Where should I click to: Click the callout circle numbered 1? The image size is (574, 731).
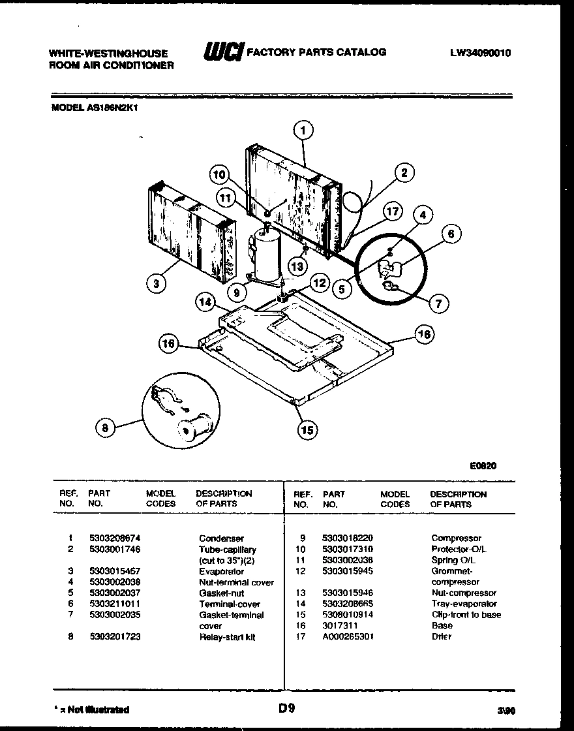click(303, 131)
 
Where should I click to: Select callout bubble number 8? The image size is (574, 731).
click(105, 428)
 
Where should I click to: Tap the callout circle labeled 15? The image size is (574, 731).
click(307, 429)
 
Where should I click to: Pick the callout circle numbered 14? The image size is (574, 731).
click(206, 302)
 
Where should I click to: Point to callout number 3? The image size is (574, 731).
click(156, 283)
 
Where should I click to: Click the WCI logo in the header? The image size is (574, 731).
click(224, 52)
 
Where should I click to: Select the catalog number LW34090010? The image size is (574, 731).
click(480, 54)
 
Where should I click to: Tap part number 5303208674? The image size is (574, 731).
click(115, 538)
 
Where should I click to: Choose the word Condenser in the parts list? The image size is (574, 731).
click(221, 538)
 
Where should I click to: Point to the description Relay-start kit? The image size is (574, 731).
click(227, 636)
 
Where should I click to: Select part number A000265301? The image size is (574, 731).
click(348, 636)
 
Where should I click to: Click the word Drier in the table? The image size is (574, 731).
click(441, 636)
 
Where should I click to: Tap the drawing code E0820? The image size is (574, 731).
click(483, 466)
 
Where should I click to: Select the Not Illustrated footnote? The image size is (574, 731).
click(90, 709)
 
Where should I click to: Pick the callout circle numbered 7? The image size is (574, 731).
click(439, 303)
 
